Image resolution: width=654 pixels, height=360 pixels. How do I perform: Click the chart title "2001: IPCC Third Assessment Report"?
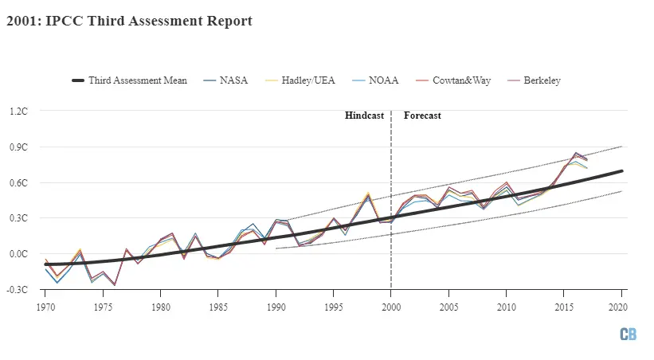point(129,22)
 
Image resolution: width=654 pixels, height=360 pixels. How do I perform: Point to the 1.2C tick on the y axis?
point(17,111)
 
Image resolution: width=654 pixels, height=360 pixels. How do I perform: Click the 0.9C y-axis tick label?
point(17,147)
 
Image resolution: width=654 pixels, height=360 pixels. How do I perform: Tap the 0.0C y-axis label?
point(17,254)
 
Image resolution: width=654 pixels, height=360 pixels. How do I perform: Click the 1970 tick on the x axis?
point(45,306)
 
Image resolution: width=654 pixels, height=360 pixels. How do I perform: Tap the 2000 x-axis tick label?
point(391,306)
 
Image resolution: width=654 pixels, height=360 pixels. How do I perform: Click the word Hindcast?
point(364,116)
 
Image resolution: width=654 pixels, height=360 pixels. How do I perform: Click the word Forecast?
point(422,116)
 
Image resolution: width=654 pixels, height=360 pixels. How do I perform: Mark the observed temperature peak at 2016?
point(575,153)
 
